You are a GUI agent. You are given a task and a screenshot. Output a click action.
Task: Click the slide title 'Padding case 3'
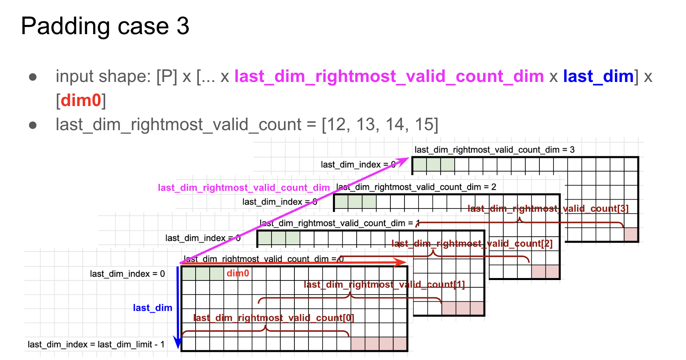[105, 26]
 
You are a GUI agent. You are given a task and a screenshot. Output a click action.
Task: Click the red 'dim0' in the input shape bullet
[81, 100]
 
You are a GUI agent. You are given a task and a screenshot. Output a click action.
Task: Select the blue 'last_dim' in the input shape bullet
[598, 76]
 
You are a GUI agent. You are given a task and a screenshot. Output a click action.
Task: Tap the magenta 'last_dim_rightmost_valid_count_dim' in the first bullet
[389, 76]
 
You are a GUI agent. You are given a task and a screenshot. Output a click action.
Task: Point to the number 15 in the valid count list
[424, 125]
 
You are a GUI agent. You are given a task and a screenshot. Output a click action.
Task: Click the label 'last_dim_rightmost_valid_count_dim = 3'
[494, 150]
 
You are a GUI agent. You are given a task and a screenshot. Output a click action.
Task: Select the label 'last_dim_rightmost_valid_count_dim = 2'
[416, 187]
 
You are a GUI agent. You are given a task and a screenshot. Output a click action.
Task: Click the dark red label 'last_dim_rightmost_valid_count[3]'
[548, 209]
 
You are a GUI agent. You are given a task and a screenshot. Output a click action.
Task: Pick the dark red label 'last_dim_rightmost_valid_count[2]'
[472, 243]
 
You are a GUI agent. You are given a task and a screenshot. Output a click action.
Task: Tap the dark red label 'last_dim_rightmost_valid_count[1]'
[384, 284]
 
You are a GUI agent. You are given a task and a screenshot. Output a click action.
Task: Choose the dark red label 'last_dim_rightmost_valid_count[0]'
[274, 318]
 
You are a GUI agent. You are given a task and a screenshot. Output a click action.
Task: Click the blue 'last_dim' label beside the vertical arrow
[153, 308]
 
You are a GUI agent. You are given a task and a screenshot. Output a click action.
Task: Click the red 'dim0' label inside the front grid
[238, 274]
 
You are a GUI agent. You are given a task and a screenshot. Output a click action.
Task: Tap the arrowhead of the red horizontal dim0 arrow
[402, 263]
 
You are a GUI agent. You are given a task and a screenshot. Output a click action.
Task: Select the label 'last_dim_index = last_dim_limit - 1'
[96, 344]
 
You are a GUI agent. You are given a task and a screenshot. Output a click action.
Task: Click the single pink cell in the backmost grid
[631, 234]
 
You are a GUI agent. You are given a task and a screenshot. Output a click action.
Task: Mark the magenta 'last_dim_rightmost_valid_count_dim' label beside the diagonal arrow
[244, 188]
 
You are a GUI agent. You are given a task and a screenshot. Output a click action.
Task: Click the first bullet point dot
[33, 77]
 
